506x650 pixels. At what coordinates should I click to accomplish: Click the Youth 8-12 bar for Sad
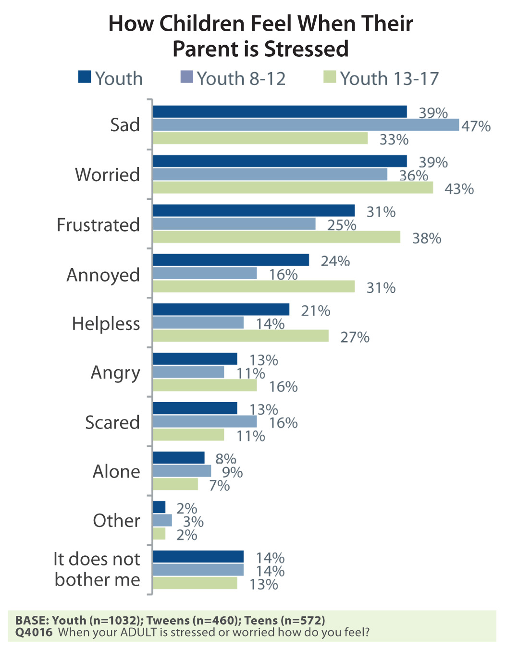(x=306, y=125)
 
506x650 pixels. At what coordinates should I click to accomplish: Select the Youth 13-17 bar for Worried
(x=293, y=188)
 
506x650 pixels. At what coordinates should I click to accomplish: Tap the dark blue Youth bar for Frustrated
(x=254, y=210)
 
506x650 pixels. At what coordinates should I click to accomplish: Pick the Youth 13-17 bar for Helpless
(x=241, y=336)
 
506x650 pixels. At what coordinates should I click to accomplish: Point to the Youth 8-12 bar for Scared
(x=205, y=422)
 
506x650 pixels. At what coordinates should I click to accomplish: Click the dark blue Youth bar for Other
(x=159, y=507)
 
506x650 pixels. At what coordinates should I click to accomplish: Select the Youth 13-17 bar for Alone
(x=175, y=484)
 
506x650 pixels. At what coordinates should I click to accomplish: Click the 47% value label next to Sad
(x=476, y=126)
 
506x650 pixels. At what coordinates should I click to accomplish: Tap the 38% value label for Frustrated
(x=427, y=238)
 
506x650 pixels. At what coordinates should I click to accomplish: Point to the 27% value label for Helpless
(x=355, y=337)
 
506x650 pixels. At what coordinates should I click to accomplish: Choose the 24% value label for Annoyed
(x=335, y=261)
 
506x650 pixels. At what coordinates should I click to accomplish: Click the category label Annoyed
(x=103, y=275)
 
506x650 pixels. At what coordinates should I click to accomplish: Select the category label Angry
(x=115, y=373)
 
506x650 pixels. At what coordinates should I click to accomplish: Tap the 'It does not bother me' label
(x=97, y=569)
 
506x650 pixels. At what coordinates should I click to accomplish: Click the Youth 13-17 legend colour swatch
(x=330, y=77)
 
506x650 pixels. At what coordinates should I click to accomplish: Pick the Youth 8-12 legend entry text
(x=241, y=78)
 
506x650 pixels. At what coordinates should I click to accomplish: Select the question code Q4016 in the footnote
(x=34, y=632)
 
